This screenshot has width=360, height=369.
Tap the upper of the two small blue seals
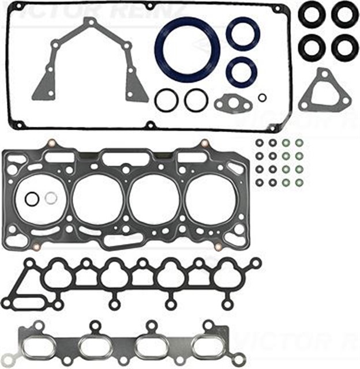pos(242,33)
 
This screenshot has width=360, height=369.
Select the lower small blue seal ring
pos(242,71)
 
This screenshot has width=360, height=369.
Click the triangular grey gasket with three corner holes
pos(325,91)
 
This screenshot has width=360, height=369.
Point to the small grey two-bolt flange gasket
pos(232,104)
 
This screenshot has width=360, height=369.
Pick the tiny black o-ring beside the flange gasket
pos(262,97)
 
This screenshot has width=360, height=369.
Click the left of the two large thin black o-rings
pos(166,100)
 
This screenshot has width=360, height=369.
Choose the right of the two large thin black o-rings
pos(196,100)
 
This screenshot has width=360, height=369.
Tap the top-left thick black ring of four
pos(312,14)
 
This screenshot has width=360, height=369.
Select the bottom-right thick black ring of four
pos(345,48)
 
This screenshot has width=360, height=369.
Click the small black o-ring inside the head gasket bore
pos(32,199)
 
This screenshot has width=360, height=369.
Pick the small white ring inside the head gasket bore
pos(51,198)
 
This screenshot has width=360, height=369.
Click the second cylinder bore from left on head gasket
pos(98,199)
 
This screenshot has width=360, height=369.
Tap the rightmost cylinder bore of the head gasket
pos(212,199)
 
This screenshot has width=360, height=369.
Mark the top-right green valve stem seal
pos(299,142)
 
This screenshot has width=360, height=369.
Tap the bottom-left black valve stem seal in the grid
pos(259,183)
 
